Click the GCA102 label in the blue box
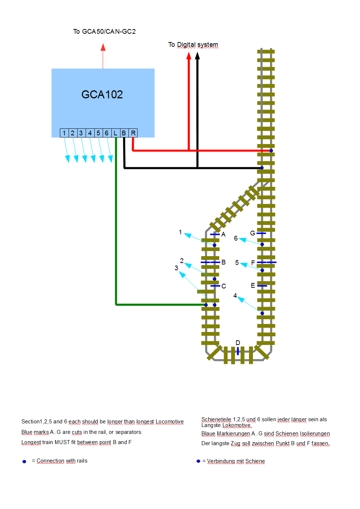tap(102, 95)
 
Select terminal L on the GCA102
tap(115, 133)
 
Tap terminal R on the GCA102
tap(133, 133)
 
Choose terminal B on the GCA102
tap(124, 133)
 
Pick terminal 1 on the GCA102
tap(64, 133)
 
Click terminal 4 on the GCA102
tap(90, 133)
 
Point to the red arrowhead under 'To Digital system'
tap(189, 56)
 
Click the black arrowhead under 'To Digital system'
tap(197, 56)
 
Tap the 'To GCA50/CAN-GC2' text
tap(104, 32)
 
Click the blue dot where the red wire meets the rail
tap(271, 151)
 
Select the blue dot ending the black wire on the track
tap(262, 168)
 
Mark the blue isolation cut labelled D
tap(238, 351)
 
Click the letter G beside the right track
tap(253, 233)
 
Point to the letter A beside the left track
tap(224, 234)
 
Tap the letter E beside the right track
tap(253, 286)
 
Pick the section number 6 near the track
tap(236, 238)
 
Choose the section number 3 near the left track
tap(176, 268)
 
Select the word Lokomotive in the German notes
tap(237, 425)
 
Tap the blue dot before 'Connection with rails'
tap(24, 461)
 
